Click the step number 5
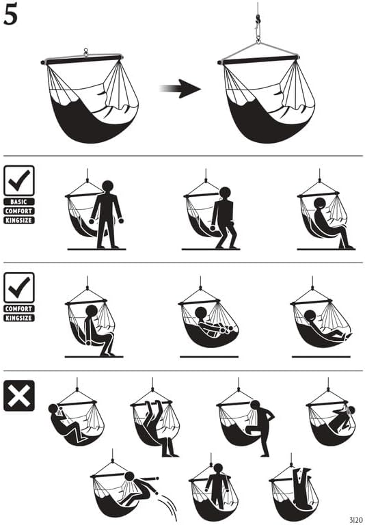[12, 16]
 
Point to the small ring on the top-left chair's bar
[85, 51]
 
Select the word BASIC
[18, 202]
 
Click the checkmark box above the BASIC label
[18, 181]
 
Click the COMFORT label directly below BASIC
[18, 211]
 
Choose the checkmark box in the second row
[18, 288]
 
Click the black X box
[18, 395]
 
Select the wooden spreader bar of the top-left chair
[82, 59]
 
